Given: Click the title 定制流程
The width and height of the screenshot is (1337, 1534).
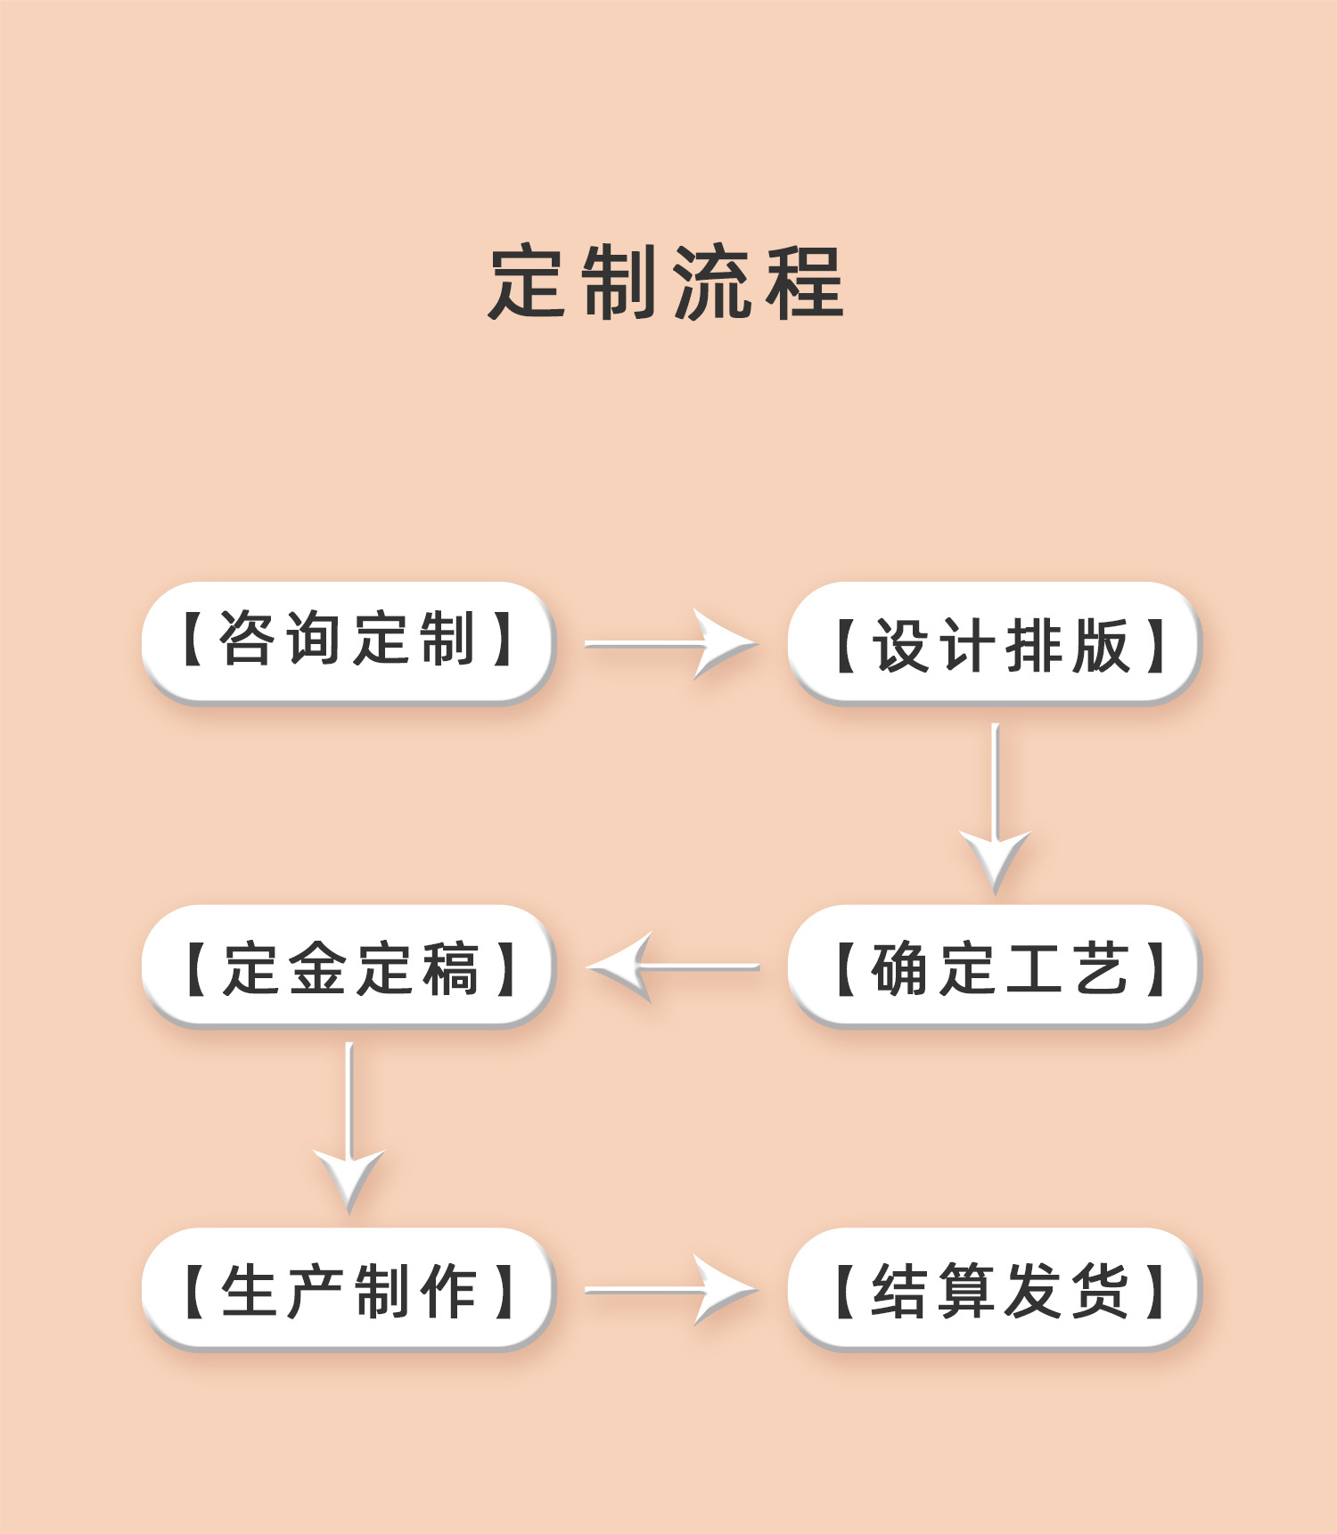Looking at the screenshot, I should pos(667,282).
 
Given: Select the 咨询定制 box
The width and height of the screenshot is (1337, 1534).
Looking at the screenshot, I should pos(348,641).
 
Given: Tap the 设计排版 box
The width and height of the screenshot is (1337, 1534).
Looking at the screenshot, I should pos(994,643).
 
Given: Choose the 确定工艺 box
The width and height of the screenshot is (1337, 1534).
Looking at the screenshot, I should pos(994,967).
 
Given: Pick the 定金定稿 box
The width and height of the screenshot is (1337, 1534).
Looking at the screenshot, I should pos(348,967).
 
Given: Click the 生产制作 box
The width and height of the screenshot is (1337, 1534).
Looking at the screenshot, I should pos(348,1289).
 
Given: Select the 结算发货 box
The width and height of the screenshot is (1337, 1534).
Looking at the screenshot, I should pos(994,1289).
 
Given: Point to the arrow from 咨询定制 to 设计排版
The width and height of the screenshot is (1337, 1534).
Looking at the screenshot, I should pos(670,643).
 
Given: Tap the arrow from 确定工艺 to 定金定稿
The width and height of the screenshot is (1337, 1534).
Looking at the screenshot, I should pos(673,967).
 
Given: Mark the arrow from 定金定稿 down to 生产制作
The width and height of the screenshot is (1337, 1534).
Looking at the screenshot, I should pos(349,1127).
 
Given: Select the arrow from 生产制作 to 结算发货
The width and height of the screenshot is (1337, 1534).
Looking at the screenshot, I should pos(670,1289).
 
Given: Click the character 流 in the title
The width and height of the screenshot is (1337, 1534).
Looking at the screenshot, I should pos(710,282).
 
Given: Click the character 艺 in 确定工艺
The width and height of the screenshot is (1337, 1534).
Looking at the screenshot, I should pos(1102,968).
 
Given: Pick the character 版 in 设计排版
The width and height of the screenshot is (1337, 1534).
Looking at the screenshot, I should pos(1102,645).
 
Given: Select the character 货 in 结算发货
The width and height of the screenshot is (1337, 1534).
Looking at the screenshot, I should pos(1102,1291).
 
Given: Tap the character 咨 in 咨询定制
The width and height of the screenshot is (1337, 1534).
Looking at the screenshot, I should pos(247,639).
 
